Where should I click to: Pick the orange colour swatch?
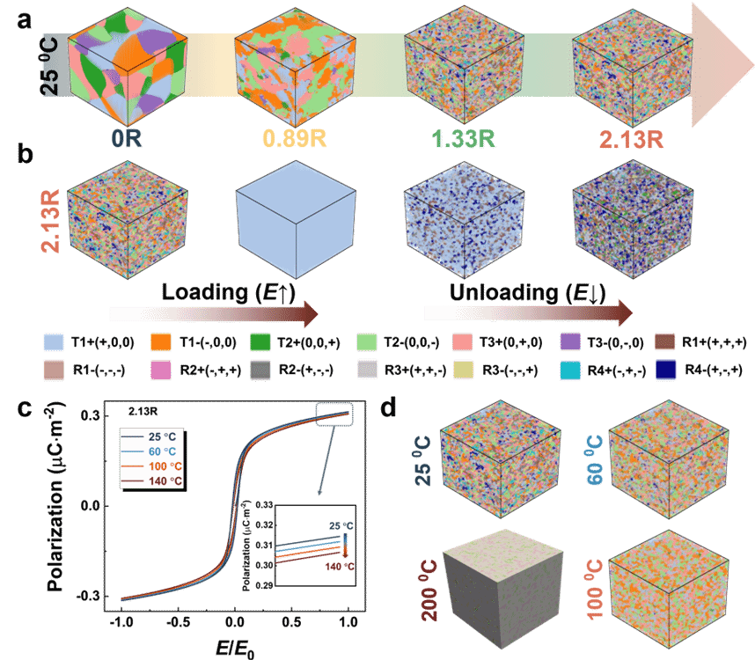(160, 342)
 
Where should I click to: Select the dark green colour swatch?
(260, 342)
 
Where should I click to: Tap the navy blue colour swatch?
(666, 370)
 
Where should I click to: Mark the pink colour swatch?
(160, 370)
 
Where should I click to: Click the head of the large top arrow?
(719, 65)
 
